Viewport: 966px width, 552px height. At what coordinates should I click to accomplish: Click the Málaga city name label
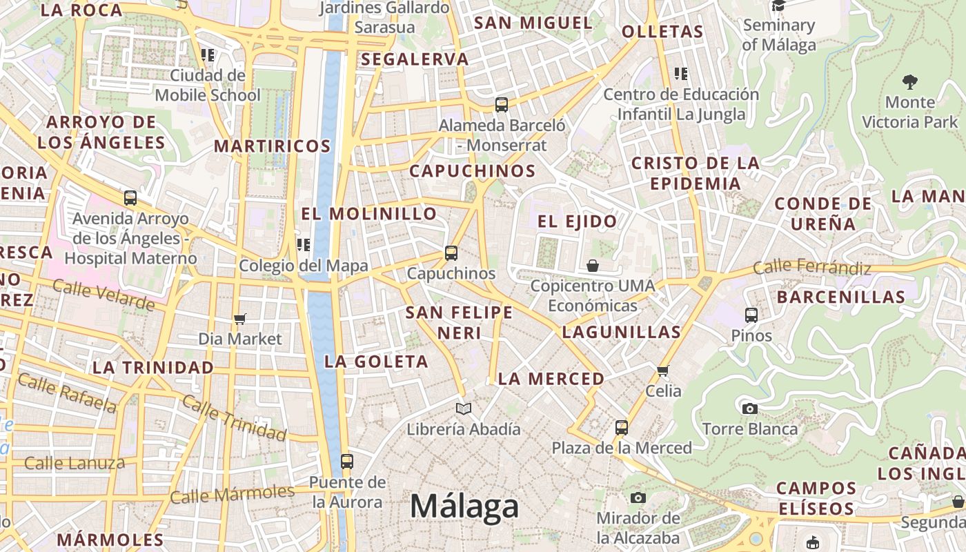(x=464, y=506)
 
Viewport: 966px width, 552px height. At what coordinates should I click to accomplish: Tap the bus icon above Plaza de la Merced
(x=622, y=427)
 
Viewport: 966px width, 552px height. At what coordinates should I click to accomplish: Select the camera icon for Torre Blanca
(x=750, y=408)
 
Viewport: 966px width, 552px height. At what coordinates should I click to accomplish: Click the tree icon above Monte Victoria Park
(x=910, y=82)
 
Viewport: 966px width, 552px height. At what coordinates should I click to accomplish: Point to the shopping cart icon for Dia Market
(x=240, y=319)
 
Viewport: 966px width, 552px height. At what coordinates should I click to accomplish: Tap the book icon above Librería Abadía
(x=464, y=409)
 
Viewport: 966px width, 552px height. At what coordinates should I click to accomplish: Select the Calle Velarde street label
(x=103, y=295)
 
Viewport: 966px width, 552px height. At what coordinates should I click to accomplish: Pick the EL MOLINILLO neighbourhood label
(x=369, y=214)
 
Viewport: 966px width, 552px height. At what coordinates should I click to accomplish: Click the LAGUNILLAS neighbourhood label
(x=621, y=332)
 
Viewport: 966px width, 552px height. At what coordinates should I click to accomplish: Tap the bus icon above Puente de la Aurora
(x=347, y=461)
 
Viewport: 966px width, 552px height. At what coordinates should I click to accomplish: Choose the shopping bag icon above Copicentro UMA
(x=592, y=266)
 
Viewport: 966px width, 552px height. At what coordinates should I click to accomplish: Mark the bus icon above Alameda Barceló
(x=502, y=105)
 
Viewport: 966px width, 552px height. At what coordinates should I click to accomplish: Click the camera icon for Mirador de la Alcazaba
(x=638, y=497)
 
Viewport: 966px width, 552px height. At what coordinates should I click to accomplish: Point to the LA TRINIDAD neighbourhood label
(x=152, y=367)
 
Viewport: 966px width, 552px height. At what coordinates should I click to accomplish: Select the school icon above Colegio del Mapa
(x=304, y=245)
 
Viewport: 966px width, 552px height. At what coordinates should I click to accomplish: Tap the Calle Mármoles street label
(x=232, y=494)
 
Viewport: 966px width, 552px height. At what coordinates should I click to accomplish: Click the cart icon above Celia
(x=663, y=371)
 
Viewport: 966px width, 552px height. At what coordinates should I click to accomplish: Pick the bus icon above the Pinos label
(x=751, y=315)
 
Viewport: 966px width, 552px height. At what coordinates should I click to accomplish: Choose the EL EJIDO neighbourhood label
(x=577, y=221)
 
